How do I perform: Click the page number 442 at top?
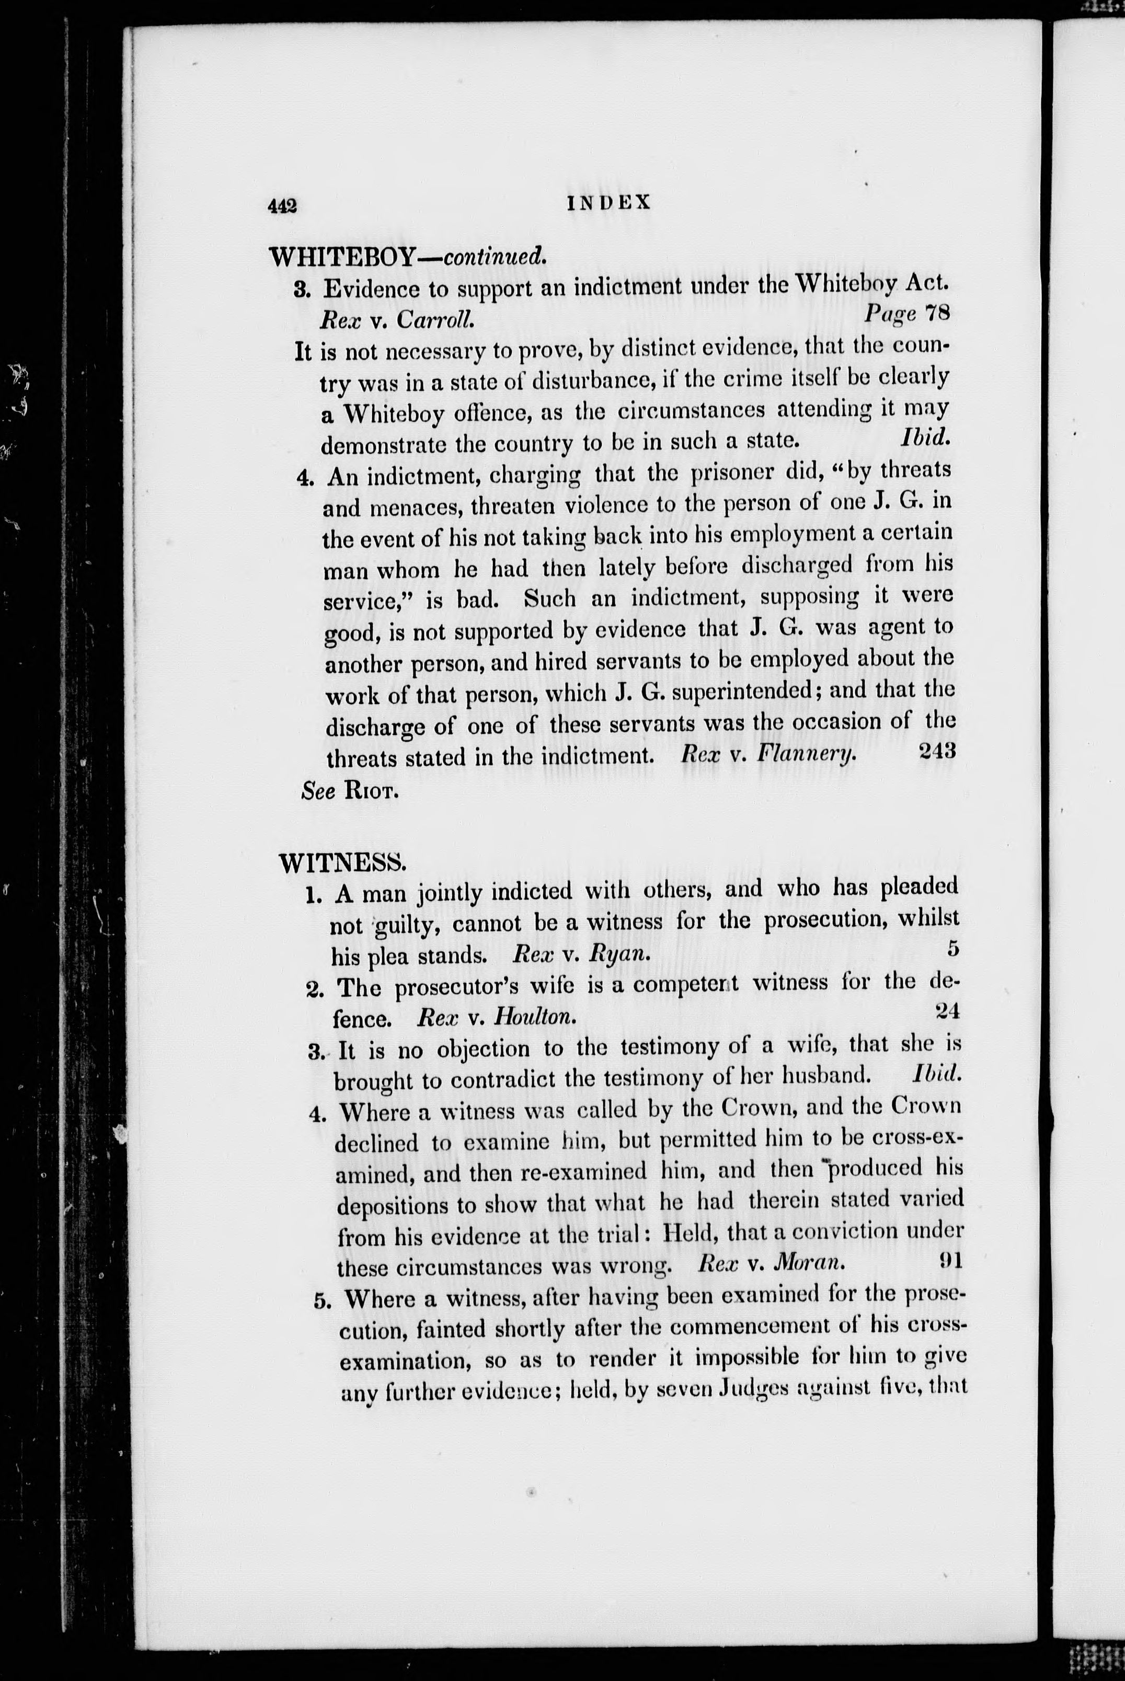282,206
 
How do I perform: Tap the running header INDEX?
609,203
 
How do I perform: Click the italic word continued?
495,255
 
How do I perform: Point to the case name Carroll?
435,319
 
